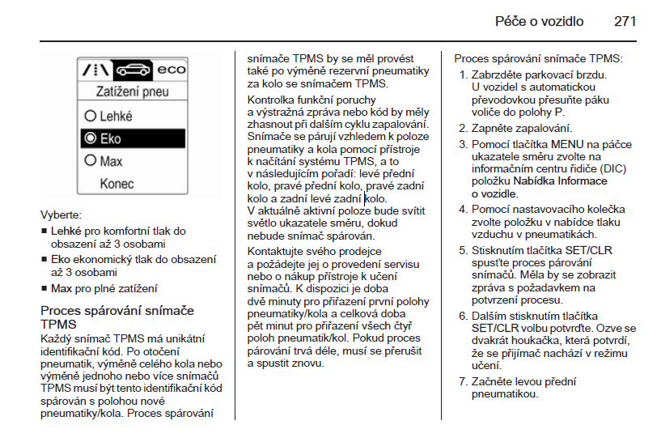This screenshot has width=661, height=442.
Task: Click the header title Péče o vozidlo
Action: (539, 21)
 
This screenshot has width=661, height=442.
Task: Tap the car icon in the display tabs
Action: (133, 70)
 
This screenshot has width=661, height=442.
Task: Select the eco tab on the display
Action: (171, 70)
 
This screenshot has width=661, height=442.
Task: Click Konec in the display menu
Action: (117, 184)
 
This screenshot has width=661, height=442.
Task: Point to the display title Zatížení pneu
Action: (133, 92)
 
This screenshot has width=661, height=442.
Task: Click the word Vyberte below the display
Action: (61, 215)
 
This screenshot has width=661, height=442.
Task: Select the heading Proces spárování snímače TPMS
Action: (117, 317)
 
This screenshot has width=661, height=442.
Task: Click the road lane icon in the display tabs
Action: (95, 70)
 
